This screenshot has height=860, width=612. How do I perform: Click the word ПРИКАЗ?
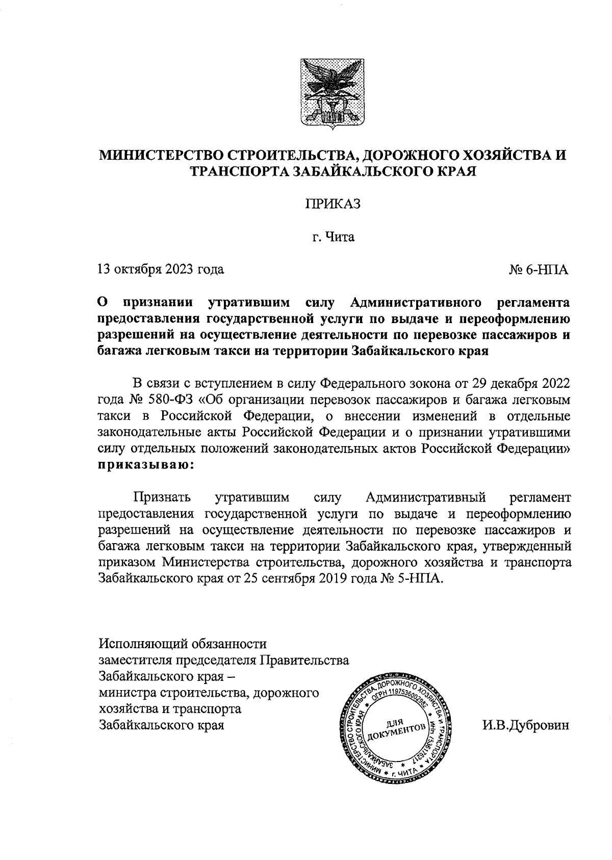(333, 204)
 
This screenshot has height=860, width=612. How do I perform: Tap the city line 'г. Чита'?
(333, 237)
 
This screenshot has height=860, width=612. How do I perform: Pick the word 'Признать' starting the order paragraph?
(162, 497)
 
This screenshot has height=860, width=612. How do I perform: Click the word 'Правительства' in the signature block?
(304, 659)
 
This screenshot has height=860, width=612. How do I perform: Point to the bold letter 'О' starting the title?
(103, 303)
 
